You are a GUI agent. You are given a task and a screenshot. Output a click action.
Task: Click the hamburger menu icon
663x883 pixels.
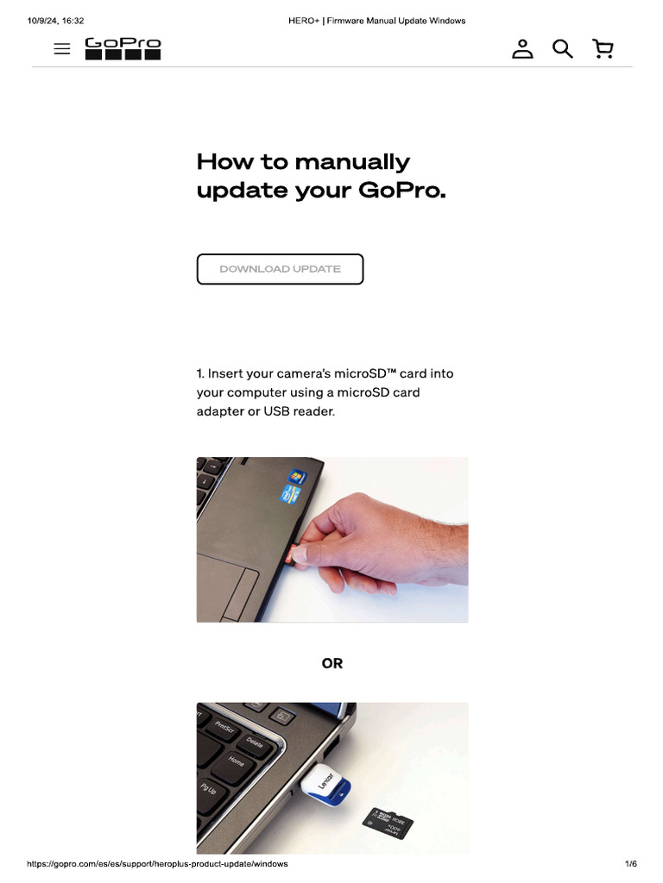62,49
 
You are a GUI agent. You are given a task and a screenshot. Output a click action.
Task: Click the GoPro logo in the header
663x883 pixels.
123,48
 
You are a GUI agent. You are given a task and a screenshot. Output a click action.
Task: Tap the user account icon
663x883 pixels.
522,49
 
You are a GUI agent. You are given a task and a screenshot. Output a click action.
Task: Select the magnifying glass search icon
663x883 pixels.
563,49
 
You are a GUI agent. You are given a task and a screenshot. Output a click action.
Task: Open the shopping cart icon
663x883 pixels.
603,49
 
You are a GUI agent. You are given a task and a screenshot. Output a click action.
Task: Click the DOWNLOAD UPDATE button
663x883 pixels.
280,269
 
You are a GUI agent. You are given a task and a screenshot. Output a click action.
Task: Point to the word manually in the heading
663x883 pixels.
351,161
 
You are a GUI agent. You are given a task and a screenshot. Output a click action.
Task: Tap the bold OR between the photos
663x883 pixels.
332,663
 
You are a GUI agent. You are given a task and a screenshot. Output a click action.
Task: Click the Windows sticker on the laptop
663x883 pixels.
298,476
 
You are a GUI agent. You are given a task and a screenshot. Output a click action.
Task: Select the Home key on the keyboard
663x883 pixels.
236,762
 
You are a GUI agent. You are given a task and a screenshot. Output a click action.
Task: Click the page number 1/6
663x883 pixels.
630,863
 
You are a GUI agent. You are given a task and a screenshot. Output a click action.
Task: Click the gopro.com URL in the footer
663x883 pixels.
157,863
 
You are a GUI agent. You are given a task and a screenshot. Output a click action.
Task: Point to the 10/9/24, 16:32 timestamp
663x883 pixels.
55,21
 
